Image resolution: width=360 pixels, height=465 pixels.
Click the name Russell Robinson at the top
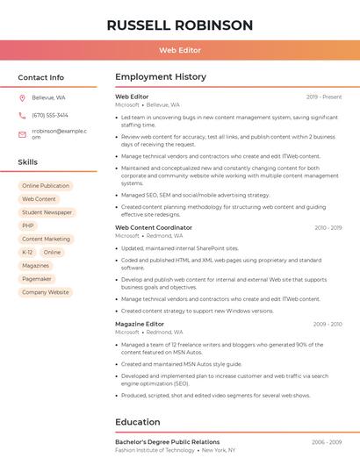(179, 25)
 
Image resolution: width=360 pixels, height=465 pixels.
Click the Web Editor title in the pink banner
(179, 50)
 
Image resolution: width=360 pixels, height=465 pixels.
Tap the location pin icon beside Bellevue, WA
(22, 97)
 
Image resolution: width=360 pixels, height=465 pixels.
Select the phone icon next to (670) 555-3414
(22, 115)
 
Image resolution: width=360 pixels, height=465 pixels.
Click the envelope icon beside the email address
(22, 134)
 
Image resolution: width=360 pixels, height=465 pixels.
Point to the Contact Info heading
(40, 77)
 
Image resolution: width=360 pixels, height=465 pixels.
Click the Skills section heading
(27, 162)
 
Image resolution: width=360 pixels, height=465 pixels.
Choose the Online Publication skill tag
(46, 186)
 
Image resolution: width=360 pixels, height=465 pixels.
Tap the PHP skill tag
(28, 225)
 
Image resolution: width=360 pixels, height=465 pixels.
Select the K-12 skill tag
(27, 252)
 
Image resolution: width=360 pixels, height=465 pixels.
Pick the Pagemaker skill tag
(37, 279)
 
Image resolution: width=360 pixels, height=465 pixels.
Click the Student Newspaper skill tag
(47, 212)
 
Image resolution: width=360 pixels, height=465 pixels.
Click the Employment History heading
(161, 77)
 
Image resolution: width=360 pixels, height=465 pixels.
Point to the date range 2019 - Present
(324, 97)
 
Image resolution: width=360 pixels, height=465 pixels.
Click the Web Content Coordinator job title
(154, 227)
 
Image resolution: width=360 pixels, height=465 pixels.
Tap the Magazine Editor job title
(140, 324)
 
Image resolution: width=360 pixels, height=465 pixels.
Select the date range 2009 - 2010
(328, 324)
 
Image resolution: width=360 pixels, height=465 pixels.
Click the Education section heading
(138, 422)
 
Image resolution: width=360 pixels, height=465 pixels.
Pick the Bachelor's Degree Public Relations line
(167, 442)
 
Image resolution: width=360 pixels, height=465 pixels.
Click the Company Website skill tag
(46, 292)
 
